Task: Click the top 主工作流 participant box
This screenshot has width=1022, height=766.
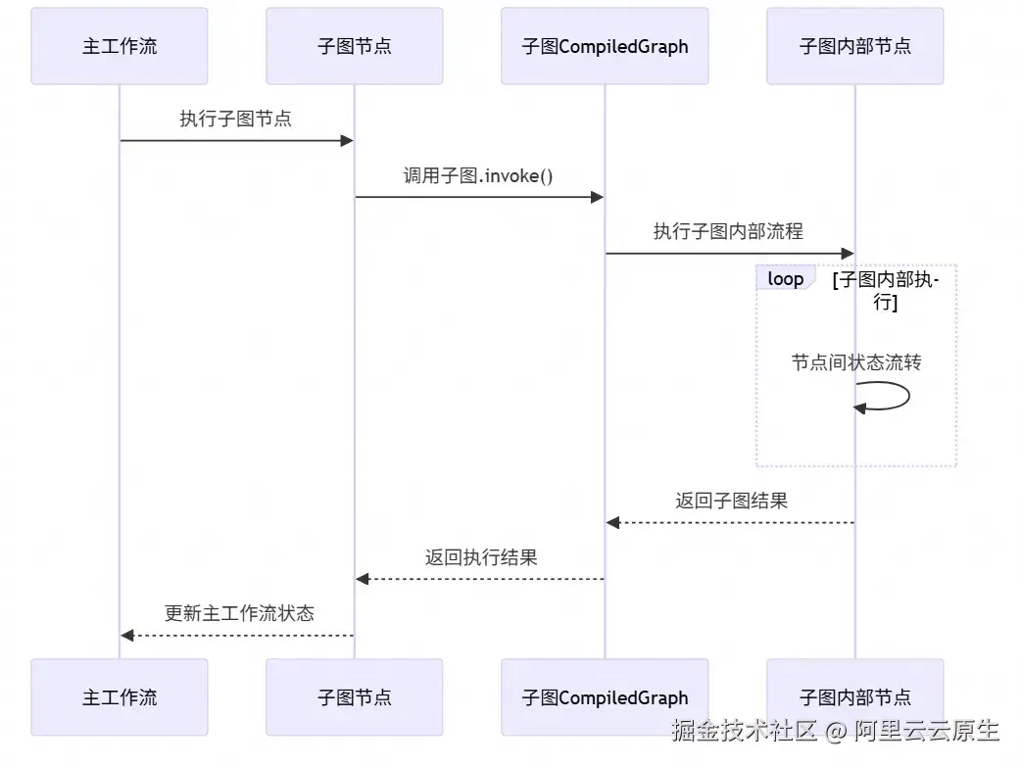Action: tap(120, 46)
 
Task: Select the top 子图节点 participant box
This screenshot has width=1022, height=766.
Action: tap(354, 46)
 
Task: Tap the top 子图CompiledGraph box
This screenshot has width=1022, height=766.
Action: tap(605, 46)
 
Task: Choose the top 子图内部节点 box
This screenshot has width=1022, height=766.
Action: tap(854, 46)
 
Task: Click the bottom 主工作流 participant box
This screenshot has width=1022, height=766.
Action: tap(120, 697)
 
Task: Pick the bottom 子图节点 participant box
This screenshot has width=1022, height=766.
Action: tap(354, 697)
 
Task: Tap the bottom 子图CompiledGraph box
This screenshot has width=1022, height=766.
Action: tap(605, 697)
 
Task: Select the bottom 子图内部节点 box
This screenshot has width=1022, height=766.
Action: tap(854, 697)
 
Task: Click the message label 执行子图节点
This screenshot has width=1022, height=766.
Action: tap(235, 119)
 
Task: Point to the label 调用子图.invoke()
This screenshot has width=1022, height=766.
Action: tap(478, 175)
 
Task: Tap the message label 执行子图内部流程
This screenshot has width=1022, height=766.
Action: tap(728, 232)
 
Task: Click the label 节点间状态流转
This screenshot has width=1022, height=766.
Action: tap(856, 362)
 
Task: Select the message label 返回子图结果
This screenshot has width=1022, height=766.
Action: tap(731, 501)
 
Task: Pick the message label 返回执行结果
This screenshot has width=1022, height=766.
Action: tap(480, 557)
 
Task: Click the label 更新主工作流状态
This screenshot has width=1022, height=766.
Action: tap(239, 614)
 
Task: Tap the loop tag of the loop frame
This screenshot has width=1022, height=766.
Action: tap(785, 279)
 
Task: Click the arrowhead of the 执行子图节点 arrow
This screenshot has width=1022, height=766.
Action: tap(346, 141)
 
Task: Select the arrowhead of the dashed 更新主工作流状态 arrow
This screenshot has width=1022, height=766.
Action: tap(127, 636)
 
